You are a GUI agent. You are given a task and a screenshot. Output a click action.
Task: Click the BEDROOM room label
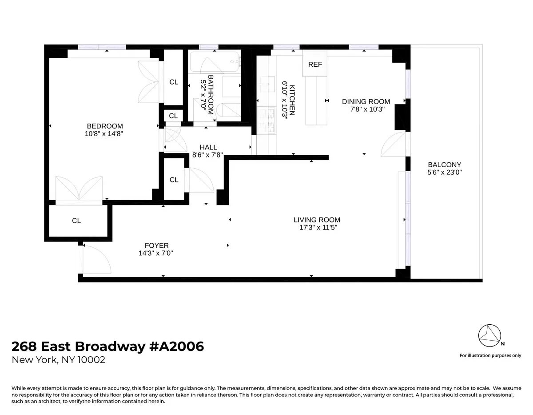pyautogui.click(x=105, y=126)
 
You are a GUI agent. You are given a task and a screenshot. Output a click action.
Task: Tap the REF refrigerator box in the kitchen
pyautogui.click(x=315, y=64)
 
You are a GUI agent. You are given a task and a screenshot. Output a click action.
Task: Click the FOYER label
pyautogui.click(x=156, y=246)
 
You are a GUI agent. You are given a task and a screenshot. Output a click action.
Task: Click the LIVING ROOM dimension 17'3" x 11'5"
pyautogui.click(x=317, y=227)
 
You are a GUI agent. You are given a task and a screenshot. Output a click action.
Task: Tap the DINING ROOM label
pyautogui.click(x=366, y=101)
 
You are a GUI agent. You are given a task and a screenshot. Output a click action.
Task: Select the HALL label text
pyautogui.click(x=208, y=147)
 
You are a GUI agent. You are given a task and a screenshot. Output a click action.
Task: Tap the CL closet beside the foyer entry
pyautogui.click(x=76, y=221)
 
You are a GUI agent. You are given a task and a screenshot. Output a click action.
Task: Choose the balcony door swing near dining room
pyautogui.click(x=394, y=145)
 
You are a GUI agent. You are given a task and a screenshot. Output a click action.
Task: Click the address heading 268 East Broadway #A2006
pyautogui.click(x=107, y=346)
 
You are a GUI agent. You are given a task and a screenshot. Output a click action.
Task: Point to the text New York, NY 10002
pyautogui.click(x=59, y=360)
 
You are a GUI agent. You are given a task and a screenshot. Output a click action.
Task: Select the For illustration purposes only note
pyautogui.click(x=490, y=355)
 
